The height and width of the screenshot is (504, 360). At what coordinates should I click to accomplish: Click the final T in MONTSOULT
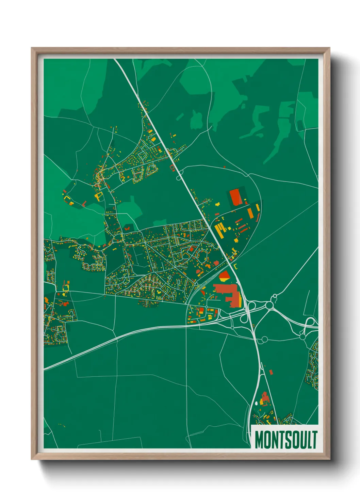tap(314, 440)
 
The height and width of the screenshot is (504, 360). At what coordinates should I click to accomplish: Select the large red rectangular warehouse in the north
tap(235, 197)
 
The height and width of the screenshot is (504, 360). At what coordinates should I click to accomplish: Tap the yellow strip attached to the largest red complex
tap(241, 300)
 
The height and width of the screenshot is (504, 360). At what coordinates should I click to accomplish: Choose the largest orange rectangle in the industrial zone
tap(250, 213)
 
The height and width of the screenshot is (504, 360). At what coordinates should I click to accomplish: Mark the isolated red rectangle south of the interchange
tap(271, 372)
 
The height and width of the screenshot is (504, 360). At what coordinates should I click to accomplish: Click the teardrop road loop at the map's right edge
tap(310, 322)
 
